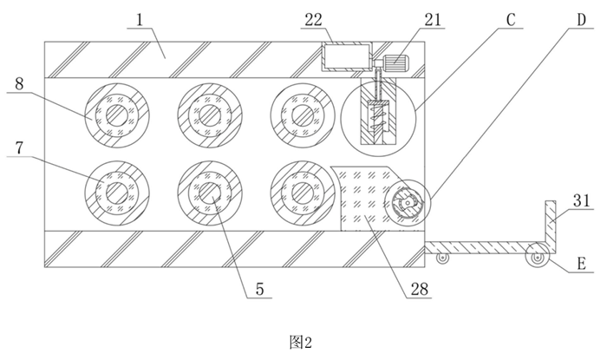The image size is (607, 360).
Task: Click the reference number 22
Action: click(x=314, y=20)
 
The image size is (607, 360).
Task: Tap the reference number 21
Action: click(x=433, y=20)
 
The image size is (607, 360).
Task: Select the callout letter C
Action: click(x=511, y=20)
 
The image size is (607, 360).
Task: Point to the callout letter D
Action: click(x=582, y=20)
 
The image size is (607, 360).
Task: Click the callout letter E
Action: click(x=581, y=264)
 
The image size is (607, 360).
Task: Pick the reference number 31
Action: click(x=582, y=201)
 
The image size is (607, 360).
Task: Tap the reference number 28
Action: click(x=420, y=289)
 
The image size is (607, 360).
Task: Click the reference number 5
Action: click(x=259, y=289)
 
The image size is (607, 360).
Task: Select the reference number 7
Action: click(x=19, y=148)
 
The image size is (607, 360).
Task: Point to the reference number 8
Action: click(x=19, y=84)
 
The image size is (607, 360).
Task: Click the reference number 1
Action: click(x=140, y=20)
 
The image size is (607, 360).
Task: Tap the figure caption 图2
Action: click(x=300, y=342)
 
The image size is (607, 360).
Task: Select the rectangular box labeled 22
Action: click(x=347, y=56)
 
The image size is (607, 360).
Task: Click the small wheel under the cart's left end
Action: click(x=442, y=259)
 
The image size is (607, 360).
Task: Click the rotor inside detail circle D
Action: click(x=407, y=202)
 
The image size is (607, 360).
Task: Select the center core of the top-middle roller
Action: click(x=210, y=115)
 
